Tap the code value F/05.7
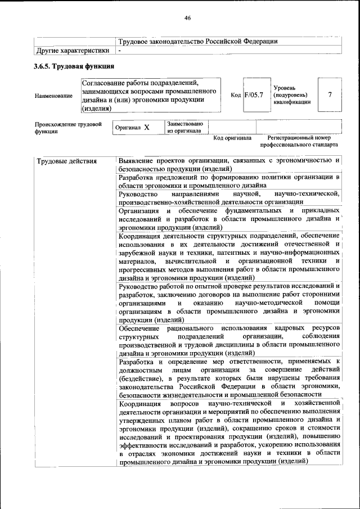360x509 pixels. (254, 94)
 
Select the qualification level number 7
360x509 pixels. (330, 94)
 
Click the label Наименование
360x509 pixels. (53, 96)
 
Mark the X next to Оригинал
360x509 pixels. (146, 128)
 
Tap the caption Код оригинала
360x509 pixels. (232, 137)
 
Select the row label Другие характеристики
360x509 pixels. (72, 51)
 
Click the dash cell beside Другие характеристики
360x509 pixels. (120, 51)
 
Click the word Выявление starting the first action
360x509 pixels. (137, 160)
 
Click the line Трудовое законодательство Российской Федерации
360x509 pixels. (198, 41)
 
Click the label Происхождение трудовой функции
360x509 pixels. (67, 127)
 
